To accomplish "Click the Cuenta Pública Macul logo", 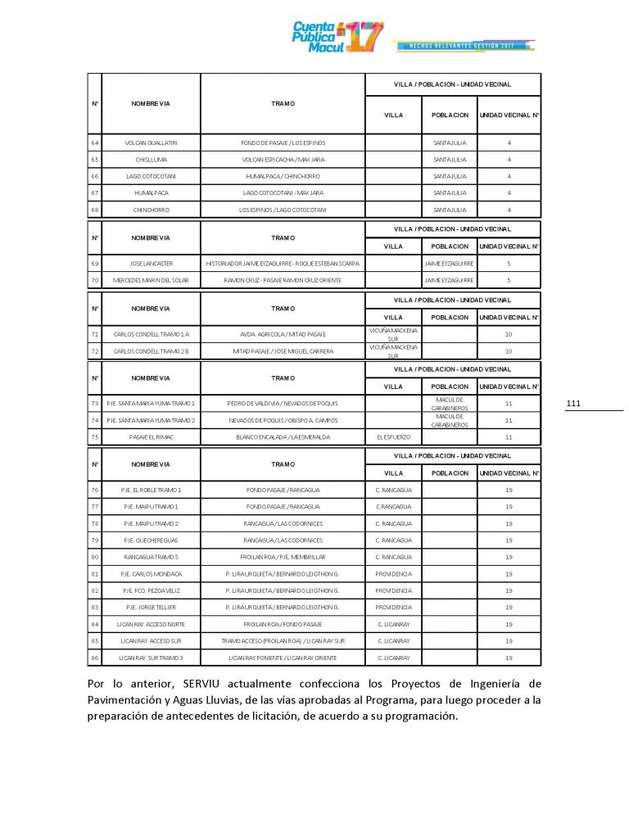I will click(x=337, y=36).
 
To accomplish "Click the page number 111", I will click(x=572, y=404).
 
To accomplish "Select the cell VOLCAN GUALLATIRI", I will click(x=151, y=143).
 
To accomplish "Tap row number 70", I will click(x=95, y=280).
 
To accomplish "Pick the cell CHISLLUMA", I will click(x=151, y=160).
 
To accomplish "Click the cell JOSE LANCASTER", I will click(x=151, y=264).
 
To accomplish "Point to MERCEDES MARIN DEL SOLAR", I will click(x=151, y=280).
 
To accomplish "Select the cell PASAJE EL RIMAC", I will click(x=151, y=437).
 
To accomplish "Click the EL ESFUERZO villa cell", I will click(x=393, y=437).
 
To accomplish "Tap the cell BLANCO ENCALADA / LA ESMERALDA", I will click(x=283, y=437).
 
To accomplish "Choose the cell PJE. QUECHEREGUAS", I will click(x=151, y=540).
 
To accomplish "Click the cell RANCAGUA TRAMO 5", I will click(x=151, y=557).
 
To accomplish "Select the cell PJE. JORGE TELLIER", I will click(x=151, y=607).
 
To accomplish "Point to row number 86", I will click(x=95, y=658).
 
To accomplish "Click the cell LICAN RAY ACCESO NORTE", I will click(x=151, y=624).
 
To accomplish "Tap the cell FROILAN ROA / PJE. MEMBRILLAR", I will click(x=283, y=557).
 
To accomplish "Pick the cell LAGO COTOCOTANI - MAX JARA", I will click(x=283, y=193).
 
